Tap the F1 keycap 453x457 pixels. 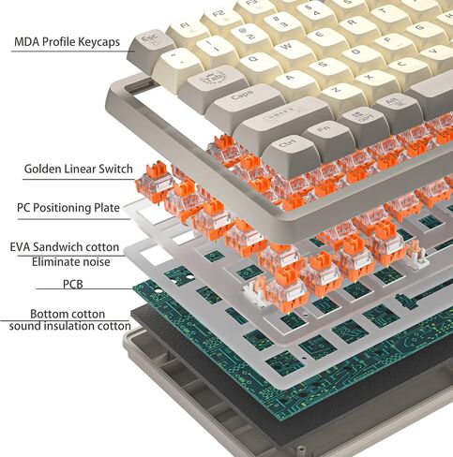pos(187,31)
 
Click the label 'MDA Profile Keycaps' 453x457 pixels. pos(67,42)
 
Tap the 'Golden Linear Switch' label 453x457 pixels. pos(79,169)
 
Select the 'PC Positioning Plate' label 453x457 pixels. pos(68,208)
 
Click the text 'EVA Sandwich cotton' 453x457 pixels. pos(65,247)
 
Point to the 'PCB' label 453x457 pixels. pos(73,285)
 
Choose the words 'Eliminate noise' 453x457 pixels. pos(71,261)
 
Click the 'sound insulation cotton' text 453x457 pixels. pos(70,326)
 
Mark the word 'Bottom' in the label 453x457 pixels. pos(49,314)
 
